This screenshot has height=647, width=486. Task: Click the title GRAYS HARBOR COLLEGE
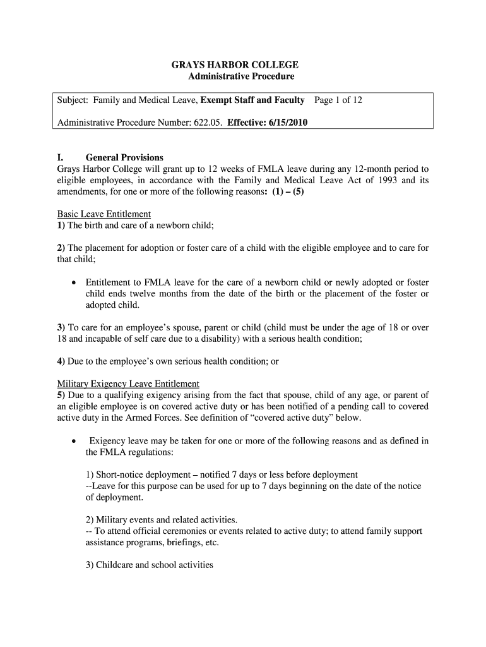click(x=235, y=65)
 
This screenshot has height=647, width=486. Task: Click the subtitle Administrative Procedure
click(x=241, y=76)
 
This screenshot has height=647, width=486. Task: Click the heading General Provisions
click(x=124, y=157)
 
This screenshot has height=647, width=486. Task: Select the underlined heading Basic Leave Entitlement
click(x=104, y=214)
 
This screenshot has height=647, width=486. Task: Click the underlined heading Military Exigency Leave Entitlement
click(x=128, y=384)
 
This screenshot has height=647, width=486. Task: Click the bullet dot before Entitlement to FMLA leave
click(x=75, y=282)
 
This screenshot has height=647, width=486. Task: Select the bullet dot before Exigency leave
click(x=75, y=441)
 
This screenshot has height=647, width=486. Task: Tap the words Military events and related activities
click(x=161, y=520)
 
